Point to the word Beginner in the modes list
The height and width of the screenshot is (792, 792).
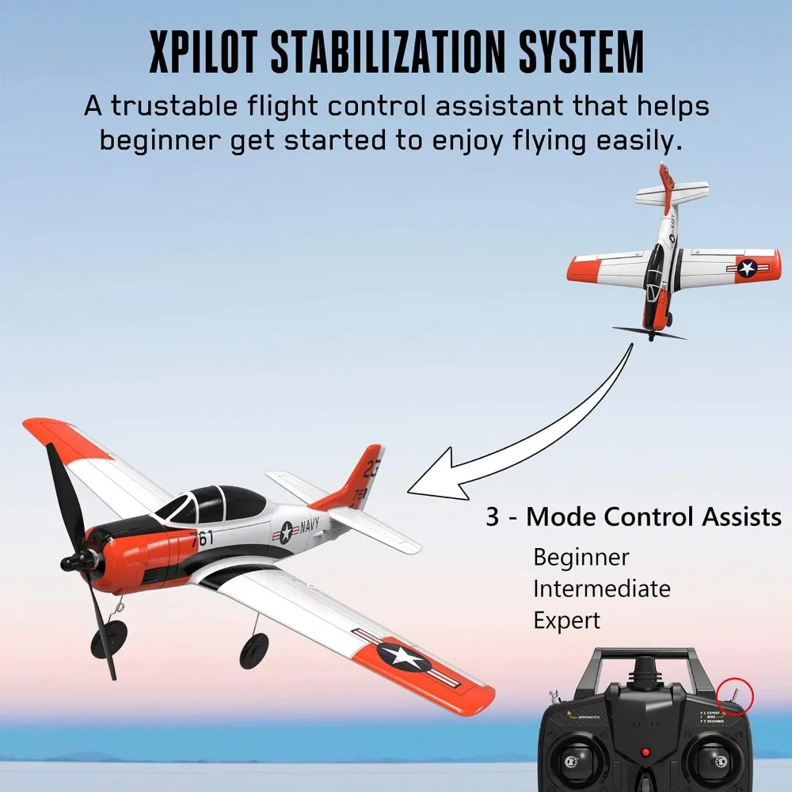point(581,557)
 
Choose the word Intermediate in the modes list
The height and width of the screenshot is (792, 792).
point(601,588)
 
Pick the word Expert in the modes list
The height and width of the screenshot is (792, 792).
point(567,620)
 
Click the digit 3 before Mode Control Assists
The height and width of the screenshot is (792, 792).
point(493,517)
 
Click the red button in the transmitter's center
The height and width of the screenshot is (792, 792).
point(645,752)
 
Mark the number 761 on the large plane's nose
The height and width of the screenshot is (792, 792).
point(201,539)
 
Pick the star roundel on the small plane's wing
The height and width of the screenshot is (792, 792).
point(746,268)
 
